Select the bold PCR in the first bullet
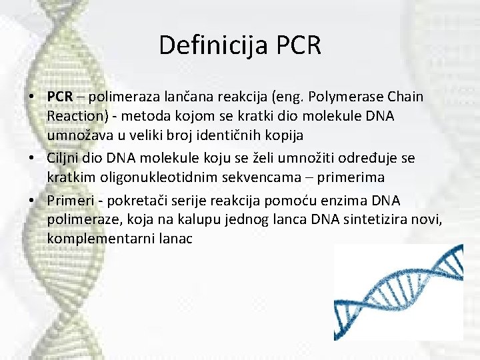click(60, 97)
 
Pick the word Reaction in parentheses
click(75, 116)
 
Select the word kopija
click(283, 135)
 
